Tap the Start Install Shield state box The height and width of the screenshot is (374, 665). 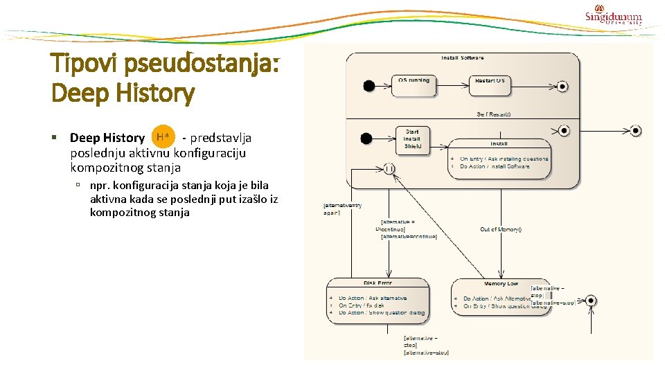412,139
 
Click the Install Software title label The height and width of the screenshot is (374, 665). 462,57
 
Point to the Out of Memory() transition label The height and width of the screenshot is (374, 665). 500,229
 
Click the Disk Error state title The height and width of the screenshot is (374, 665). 378,283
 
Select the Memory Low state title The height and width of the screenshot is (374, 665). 501,283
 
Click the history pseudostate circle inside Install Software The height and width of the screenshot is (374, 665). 389,168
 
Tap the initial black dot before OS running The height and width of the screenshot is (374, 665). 369,86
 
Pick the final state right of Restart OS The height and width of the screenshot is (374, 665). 562,87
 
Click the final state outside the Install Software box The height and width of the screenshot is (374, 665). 635,131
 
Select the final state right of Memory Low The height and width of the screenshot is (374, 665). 590,301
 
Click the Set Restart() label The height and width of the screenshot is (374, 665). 493,114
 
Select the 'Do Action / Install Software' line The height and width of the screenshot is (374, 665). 495,166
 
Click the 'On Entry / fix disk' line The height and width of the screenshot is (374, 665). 361,305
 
